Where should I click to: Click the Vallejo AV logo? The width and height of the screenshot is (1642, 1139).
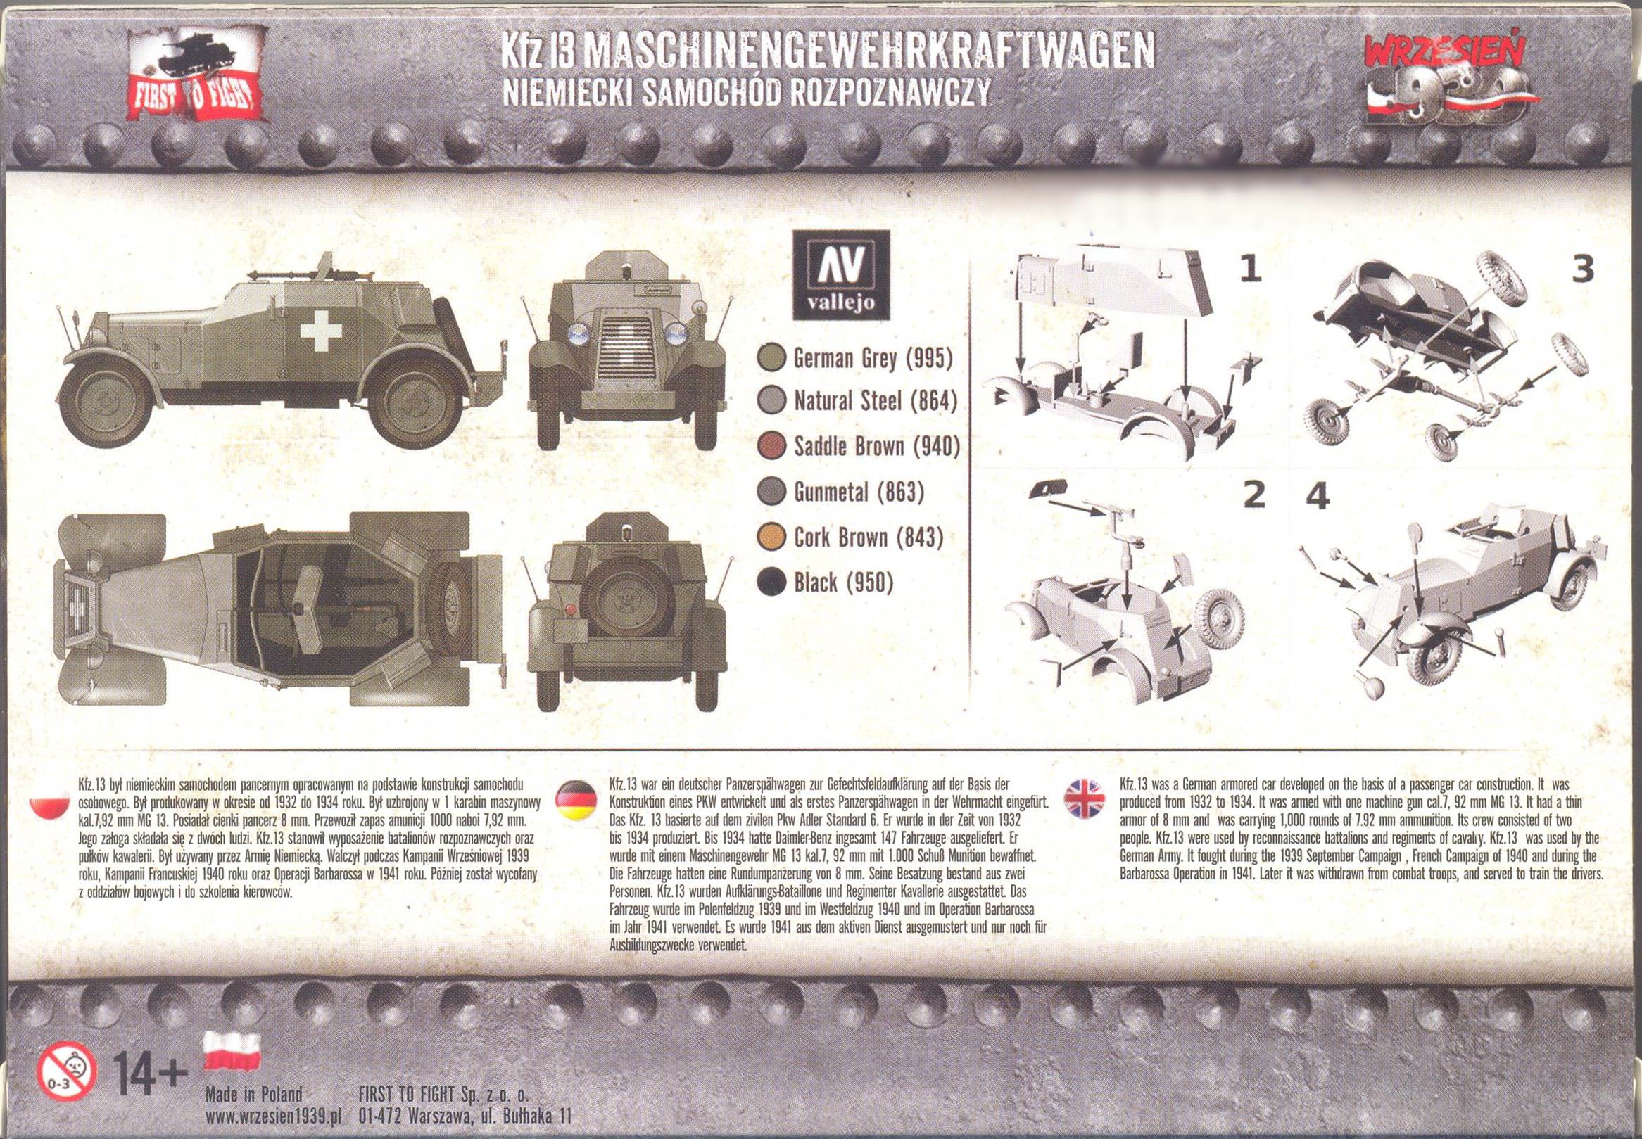pyautogui.click(x=841, y=275)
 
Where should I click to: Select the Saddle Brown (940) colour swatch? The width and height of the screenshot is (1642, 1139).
pyautogui.click(x=772, y=447)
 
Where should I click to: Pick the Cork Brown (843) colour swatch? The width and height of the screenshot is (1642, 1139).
pyautogui.click(x=772, y=537)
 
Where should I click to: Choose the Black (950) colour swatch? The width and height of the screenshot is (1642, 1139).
pyautogui.click(x=772, y=583)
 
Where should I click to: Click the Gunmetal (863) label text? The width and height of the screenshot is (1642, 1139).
pyautogui.click(x=859, y=492)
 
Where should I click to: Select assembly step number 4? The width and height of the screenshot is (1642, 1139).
pyautogui.click(x=1317, y=496)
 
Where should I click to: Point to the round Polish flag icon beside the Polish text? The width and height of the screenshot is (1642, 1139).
pyautogui.click(x=49, y=805)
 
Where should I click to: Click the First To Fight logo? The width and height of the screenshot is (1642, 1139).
pyautogui.click(x=193, y=77)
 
